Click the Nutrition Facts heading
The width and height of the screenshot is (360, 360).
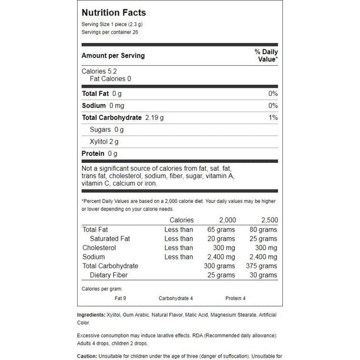114,12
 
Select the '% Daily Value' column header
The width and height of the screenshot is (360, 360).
266,56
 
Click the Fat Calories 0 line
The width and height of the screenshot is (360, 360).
110,79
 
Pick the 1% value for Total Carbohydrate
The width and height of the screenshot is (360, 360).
273,118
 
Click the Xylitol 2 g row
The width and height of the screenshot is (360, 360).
104,142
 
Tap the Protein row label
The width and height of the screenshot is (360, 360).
94,154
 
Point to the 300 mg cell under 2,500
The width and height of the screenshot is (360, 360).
265,248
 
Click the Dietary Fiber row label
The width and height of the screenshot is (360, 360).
108,275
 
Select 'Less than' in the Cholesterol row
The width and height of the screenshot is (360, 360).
179,248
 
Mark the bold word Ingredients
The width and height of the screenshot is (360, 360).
92,315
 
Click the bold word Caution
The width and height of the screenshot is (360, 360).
89,356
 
